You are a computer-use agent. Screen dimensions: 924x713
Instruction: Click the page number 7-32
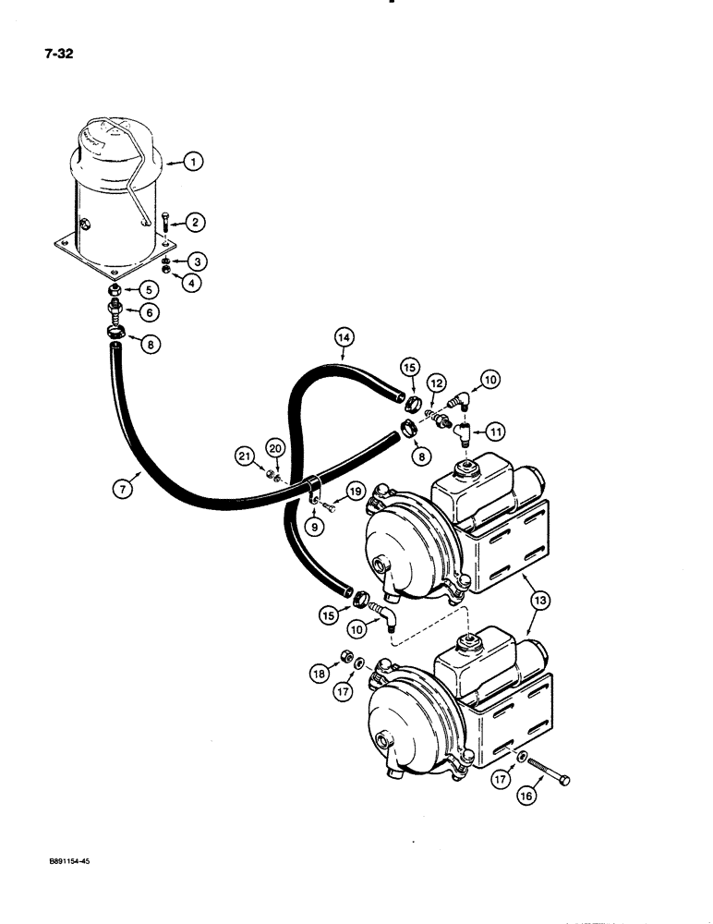pyautogui.click(x=57, y=54)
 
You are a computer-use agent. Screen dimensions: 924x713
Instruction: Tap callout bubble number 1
pyautogui.click(x=194, y=163)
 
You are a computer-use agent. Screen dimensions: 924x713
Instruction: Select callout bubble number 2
pyautogui.click(x=195, y=222)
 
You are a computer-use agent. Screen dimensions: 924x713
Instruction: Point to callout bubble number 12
pyautogui.click(x=437, y=383)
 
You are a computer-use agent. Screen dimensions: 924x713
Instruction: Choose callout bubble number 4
pyautogui.click(x=193, y=284)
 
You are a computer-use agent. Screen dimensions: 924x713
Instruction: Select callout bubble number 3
pyautogui.click(x=196, y=261)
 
